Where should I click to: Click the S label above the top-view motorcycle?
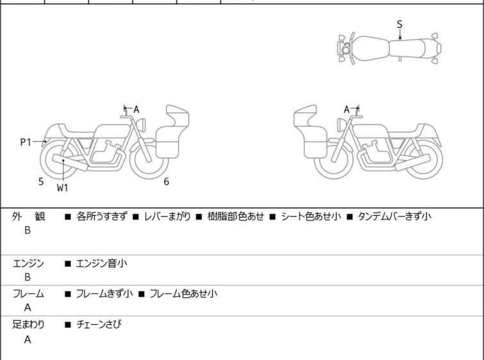pos(399,24)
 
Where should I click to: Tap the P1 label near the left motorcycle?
pos(26,142)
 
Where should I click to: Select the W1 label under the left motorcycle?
pos(62,188)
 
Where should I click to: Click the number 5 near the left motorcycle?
pos(41,182)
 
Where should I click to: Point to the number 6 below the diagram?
pos(166,182)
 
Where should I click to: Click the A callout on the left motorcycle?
pos(137,110)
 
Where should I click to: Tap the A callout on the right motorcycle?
pos(347,110)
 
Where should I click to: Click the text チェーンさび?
pos(99,325)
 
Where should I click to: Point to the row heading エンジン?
pos(28,263)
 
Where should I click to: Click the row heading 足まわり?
pos(28,325)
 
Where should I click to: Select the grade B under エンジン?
pos(28,277)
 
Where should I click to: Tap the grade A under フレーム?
pos(28,308)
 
